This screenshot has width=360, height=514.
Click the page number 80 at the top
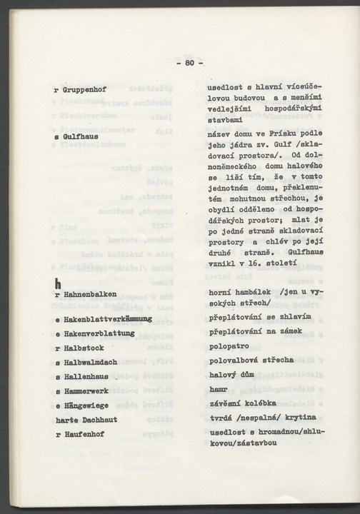[189, 64]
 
